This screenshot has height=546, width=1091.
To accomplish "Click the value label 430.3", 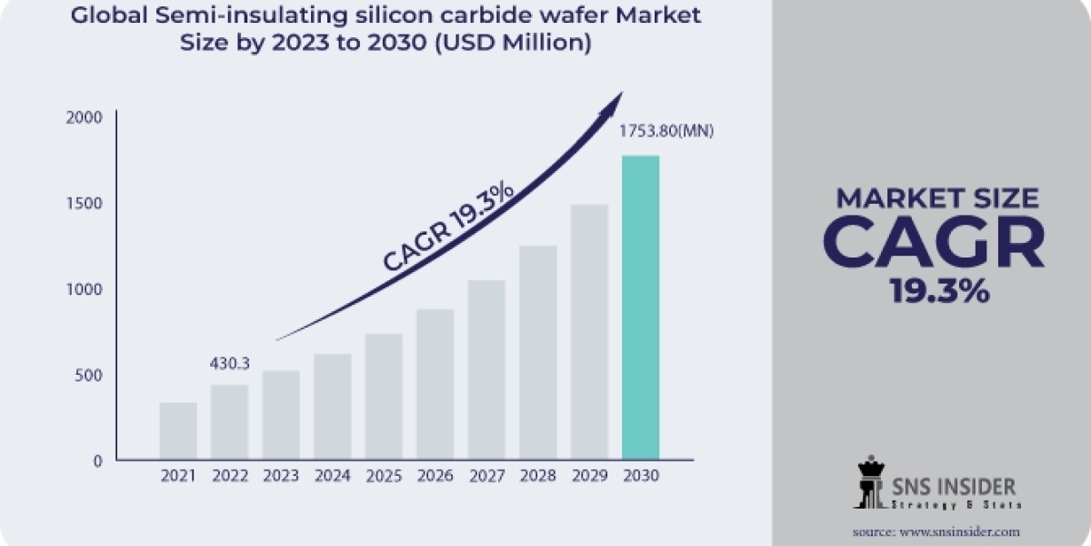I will (x=231, y=363).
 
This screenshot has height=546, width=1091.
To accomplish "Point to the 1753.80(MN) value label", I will (x=666, y=131).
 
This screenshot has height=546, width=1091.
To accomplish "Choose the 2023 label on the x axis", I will (x=281, y=476).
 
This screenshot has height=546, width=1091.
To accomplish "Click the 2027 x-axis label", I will (x=486, y=476).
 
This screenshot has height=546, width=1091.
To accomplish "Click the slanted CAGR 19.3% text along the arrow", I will (x=449, y=227).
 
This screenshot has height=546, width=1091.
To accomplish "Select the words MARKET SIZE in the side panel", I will (x=936, y=197).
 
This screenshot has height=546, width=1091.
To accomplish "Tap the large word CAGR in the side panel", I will (x=934, y=242).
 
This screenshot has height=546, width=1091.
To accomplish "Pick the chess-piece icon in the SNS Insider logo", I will (x=870, y=482).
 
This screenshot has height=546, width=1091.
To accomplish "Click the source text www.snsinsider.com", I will (x=962, y=531).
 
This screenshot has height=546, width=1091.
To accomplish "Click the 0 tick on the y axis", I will (x=97, y=460).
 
